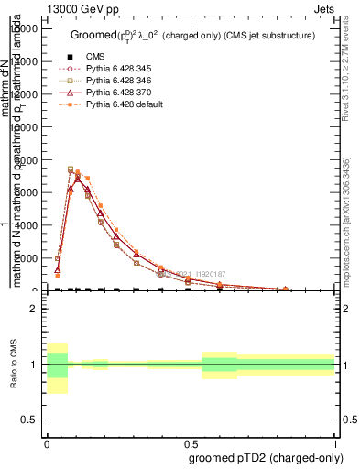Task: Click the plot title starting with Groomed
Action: [192, 35]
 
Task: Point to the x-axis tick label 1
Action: [335, 442]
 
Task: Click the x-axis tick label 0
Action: [47, 442]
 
